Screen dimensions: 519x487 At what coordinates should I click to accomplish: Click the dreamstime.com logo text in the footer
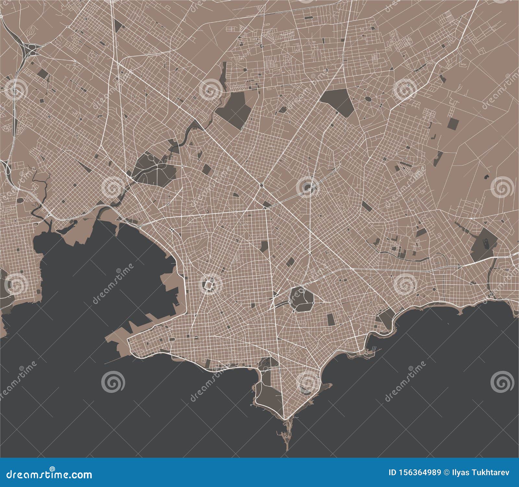pos(46,475)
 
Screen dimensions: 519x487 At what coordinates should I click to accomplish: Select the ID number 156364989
pos(414,472)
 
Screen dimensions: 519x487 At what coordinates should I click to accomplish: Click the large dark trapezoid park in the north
pos(337,101)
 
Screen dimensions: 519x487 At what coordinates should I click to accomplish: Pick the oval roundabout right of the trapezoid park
pos(368,98)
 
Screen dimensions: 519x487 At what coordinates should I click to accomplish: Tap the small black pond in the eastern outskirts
pos(486,177)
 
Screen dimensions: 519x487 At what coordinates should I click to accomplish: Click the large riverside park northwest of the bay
pos(152,165)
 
